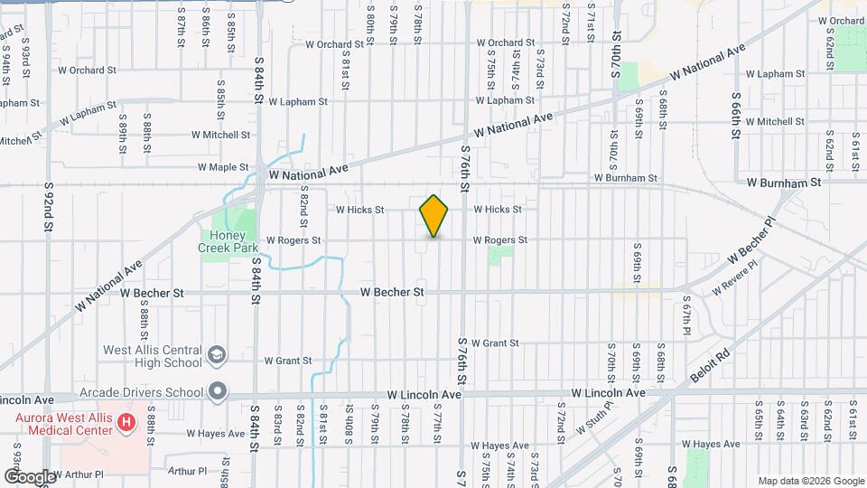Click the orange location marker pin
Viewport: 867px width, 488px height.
(433, 216)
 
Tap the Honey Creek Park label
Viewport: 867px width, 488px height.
(228, 239)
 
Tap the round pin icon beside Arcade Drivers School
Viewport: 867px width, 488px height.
(217, 392)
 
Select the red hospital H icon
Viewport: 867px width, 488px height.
(126, 421)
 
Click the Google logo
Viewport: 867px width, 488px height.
(29, 476)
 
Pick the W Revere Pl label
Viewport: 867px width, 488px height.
(735, 283)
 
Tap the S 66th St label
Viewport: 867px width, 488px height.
(736, 115)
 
